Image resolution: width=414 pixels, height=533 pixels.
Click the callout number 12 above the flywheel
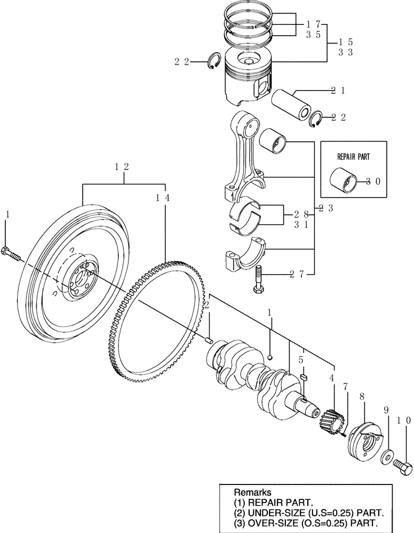coord(122,166)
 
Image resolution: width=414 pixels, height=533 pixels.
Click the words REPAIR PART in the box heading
coord(353,157)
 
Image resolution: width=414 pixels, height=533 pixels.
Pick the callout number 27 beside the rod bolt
coord(297,274)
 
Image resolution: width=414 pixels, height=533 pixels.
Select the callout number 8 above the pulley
coord(362,397)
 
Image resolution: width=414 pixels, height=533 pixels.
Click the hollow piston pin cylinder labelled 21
coord(291,105)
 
